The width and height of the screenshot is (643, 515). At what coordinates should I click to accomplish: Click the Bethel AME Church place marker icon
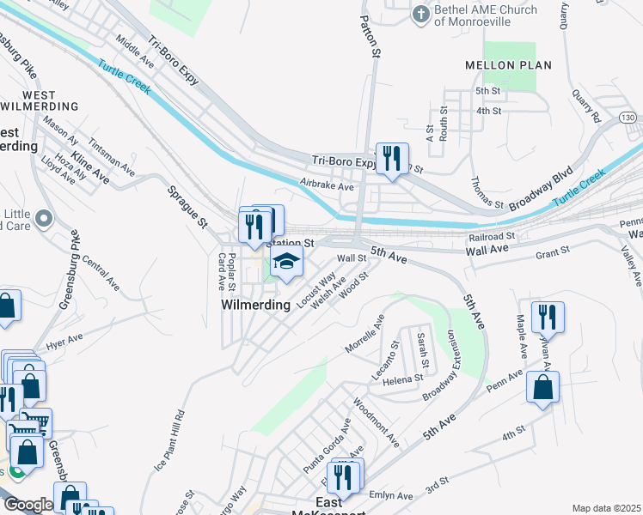(x=420, y=15)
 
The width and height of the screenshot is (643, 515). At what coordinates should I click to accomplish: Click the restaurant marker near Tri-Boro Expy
(x=392, y=158)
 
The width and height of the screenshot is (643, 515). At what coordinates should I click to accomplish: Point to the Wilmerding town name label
(x=254, y=305)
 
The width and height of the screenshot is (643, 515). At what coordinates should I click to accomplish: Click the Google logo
(x=28, y=505)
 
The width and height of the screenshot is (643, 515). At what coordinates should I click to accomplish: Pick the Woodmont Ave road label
(x=377, y=425)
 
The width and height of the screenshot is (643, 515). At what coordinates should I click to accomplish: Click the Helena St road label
(x=403, y=379)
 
